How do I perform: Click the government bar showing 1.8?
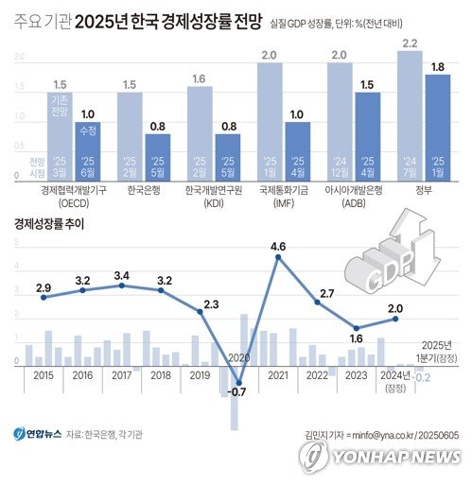pyautogui.click(x=437, y=126)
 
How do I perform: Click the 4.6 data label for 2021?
pyautogui.click(x=278, y=247)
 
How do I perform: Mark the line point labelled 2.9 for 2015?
pyautogui.click(x=43, y=297)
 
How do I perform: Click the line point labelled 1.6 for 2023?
pyautogui.click(x=356, y=327)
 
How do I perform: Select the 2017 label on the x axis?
pyautogui.click(x=121, y=375)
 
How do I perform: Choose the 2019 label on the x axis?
pyautogui.click(x=200, y=375)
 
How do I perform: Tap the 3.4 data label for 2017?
pyautogui.click(x=121, y=275)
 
